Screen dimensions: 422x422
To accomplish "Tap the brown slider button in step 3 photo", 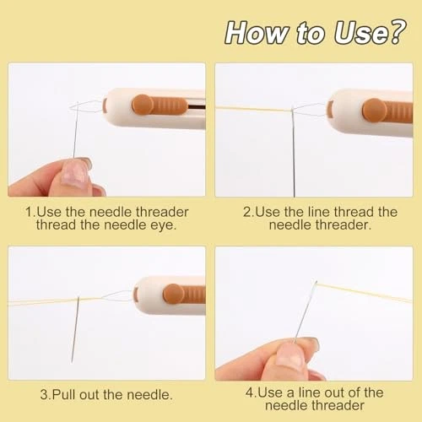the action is [x=184, y=294].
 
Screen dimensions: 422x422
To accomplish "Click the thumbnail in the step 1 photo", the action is [x=73, y=174].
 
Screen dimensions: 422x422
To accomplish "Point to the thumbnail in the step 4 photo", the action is [x=290, y=354].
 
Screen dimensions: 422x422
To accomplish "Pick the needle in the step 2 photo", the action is [x=293, y=152].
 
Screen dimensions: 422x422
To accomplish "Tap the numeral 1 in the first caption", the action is [x=29, y=212].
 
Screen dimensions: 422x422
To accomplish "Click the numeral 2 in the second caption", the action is [x=247, y=212].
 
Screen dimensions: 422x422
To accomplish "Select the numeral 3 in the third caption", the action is [x=44, y=394].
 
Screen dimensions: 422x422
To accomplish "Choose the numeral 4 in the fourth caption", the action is [x=250, y=392].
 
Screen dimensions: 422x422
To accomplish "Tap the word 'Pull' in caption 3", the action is [x=64, y=394].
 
